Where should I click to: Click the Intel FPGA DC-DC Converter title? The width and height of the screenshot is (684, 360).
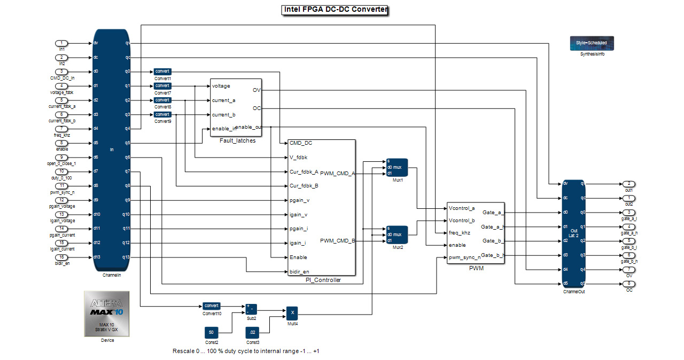pyautogui.click(x=335, y=10)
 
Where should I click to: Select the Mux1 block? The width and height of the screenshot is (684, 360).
pyautogui.click(x=397, y=167)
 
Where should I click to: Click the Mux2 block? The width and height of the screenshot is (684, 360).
pyautogui.click(x=397, y=234)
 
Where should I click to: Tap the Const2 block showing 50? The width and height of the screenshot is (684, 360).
pyautogui.click(x=211, y=332)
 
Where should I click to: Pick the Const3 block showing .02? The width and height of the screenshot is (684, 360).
pyautogui.click(x=253, y=332)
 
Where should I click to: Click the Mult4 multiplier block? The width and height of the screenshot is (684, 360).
pyautogui.click(x=291, y=313)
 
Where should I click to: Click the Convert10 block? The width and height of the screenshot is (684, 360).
pyautogui.click(x=211, y=306)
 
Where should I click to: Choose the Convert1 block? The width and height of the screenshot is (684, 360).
pyautogui.click(x=162, y=72)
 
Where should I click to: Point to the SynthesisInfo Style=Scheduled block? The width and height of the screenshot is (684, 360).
pyautogui.click(x=592, y=43)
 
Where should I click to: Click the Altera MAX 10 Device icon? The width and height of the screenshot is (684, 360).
pyautogui.click(x=107, y=314)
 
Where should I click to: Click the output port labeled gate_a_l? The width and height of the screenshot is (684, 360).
pyautogui.click(x=629, y=212)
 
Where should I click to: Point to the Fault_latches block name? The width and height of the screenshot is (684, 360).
pyautogui.click(x=237, y=140)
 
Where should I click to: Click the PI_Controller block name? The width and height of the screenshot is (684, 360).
pyautogui.click(x=320, y=280)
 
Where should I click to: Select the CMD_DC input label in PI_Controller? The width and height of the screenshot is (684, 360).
pyautogui.click(x=300, y=143)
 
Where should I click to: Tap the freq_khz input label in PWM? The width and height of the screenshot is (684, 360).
pyautogui.click(x=461, y=232)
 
